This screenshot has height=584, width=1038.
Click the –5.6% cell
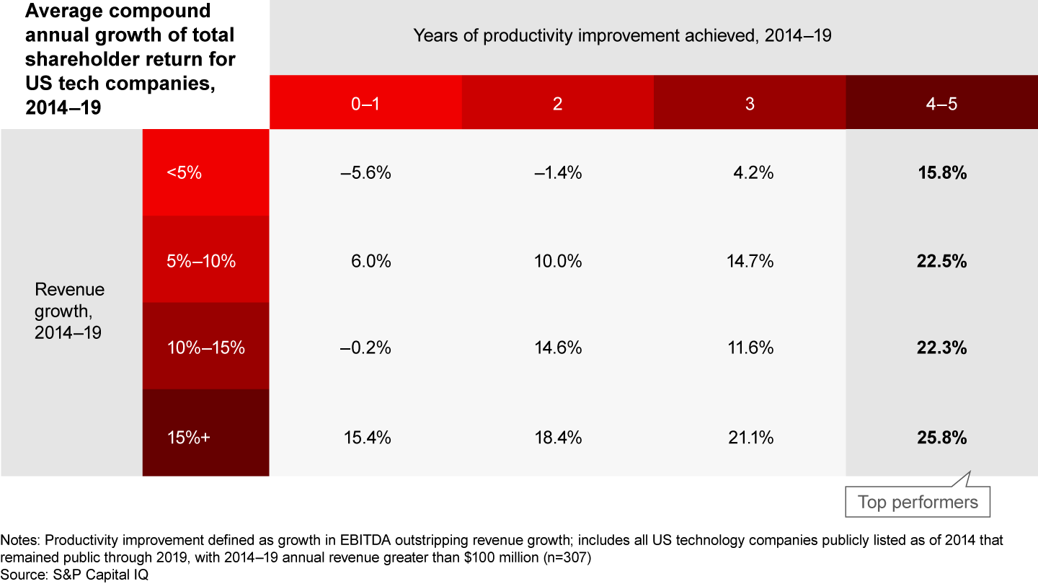[365, 173]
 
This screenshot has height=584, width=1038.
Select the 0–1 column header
[365, 103]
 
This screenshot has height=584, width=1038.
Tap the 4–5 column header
[942, 103]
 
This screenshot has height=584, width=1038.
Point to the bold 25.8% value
[942, 438]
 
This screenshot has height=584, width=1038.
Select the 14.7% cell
[750, 261]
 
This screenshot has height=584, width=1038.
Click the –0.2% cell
[365, 348]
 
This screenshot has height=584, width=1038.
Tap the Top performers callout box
[918, 502]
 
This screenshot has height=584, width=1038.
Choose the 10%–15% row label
[205, 348]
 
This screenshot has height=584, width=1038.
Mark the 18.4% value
[557, 438]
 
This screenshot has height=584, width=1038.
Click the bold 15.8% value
[942, 173]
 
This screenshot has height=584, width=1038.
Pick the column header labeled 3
[750, 103]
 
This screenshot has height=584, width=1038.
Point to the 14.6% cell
[557, 348]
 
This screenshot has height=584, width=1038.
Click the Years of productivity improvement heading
[622, 36]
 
